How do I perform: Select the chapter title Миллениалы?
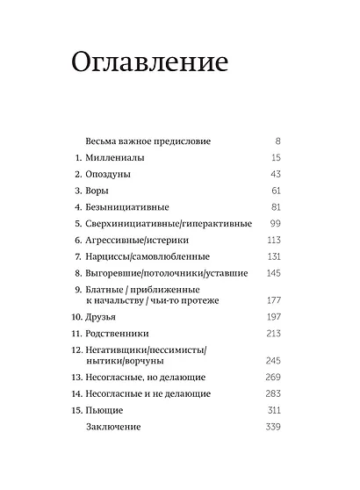click(115, 157)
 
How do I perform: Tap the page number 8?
click(277, 141)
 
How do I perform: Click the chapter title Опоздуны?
click(109, 174)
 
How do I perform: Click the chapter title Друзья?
click(104, 315)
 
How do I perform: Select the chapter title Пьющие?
click(104, 410)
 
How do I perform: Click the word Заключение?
click(114, 427)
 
